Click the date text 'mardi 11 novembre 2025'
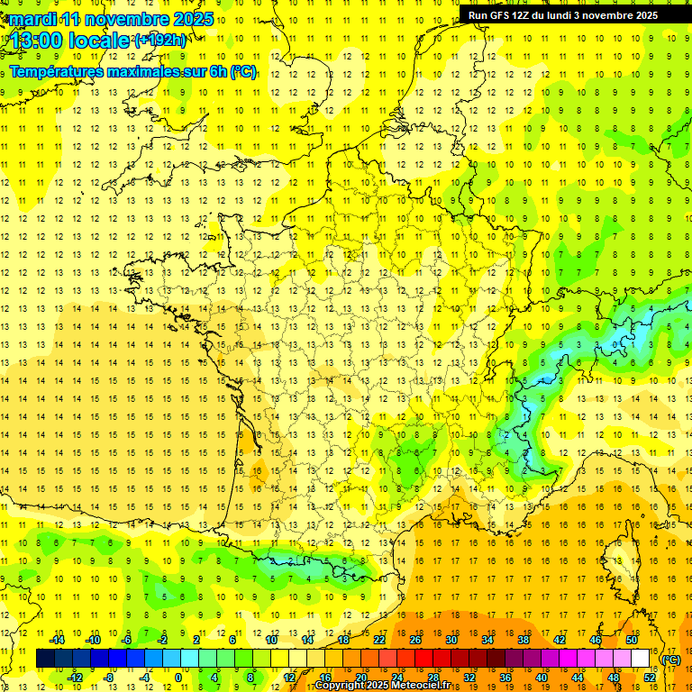(112, 19)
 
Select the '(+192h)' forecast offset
(160, 41)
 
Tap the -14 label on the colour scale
(58, 640)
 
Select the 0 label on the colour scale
(178, 678)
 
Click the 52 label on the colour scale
(650, 678)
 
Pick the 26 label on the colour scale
(415, 640)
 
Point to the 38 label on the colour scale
(523, 640)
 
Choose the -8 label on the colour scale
(108, 678)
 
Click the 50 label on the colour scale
(631, 640)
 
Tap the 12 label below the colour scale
(289, 678)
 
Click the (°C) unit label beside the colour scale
(671, 660)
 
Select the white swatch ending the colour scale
(641, 659)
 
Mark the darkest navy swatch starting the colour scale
(45, 659)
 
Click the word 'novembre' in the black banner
(609, 14)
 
